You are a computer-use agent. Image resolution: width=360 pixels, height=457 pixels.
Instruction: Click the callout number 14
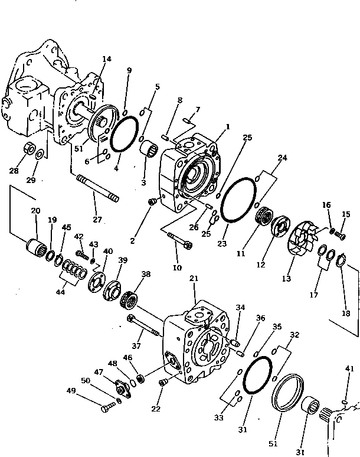[x=106, y=58]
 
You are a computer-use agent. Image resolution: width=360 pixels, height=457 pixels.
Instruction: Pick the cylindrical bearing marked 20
[x=37, y=248]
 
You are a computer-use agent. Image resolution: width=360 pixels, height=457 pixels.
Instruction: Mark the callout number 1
[x=227, y=126]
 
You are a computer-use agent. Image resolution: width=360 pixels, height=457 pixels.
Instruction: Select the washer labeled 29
[x=40, y=155]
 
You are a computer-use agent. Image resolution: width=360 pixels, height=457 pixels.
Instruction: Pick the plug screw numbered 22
[x=162, y=383]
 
